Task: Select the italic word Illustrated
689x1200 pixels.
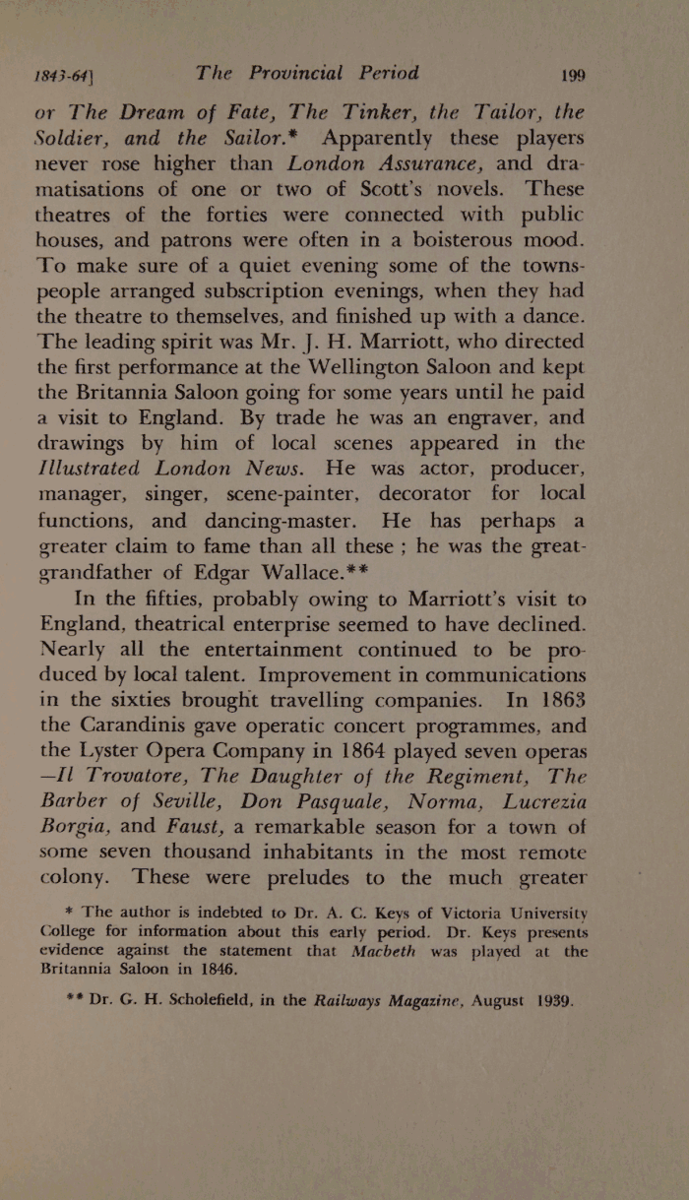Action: click(x=94, y=469)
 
